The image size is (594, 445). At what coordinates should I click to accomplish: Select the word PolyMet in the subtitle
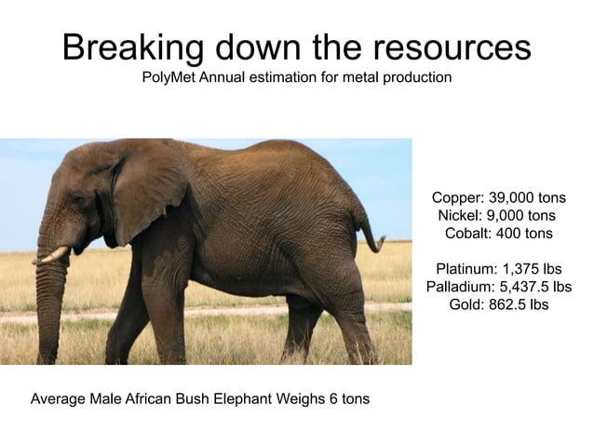point(169,77)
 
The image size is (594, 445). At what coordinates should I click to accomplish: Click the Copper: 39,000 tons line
point(498,198)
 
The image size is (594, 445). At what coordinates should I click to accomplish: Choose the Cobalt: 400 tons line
point(499,232)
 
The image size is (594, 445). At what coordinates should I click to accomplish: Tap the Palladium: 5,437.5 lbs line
point(498,286)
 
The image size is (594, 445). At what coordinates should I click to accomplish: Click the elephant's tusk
point(54,254)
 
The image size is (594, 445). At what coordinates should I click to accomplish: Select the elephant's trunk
point(48,307)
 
